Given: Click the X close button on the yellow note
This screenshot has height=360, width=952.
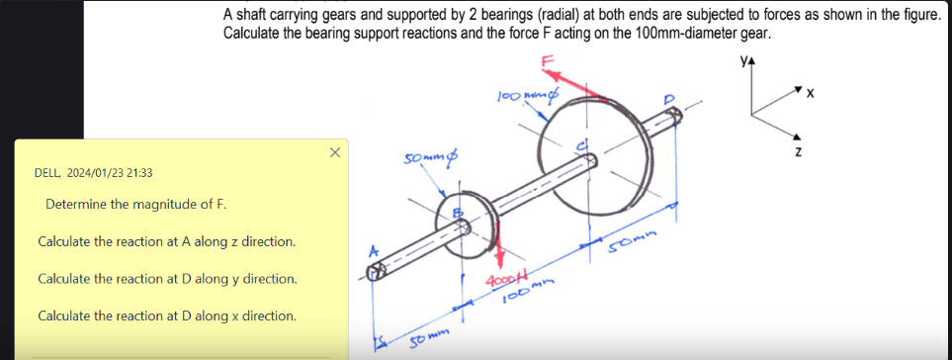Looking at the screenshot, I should [x=334, y=152].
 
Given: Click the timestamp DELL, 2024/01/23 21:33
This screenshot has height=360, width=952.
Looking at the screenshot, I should [x=94, y=173].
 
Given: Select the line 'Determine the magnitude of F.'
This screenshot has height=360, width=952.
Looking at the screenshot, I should [x=135, y=205].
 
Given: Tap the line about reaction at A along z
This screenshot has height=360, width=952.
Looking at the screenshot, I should [x=166, y=241].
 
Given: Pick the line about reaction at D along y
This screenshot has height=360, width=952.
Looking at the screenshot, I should [x=167, y=279].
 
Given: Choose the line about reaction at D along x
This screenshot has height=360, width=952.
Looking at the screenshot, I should [x=166, y=315].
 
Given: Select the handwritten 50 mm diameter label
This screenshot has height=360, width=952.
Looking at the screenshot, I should [x=429, y=159].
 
